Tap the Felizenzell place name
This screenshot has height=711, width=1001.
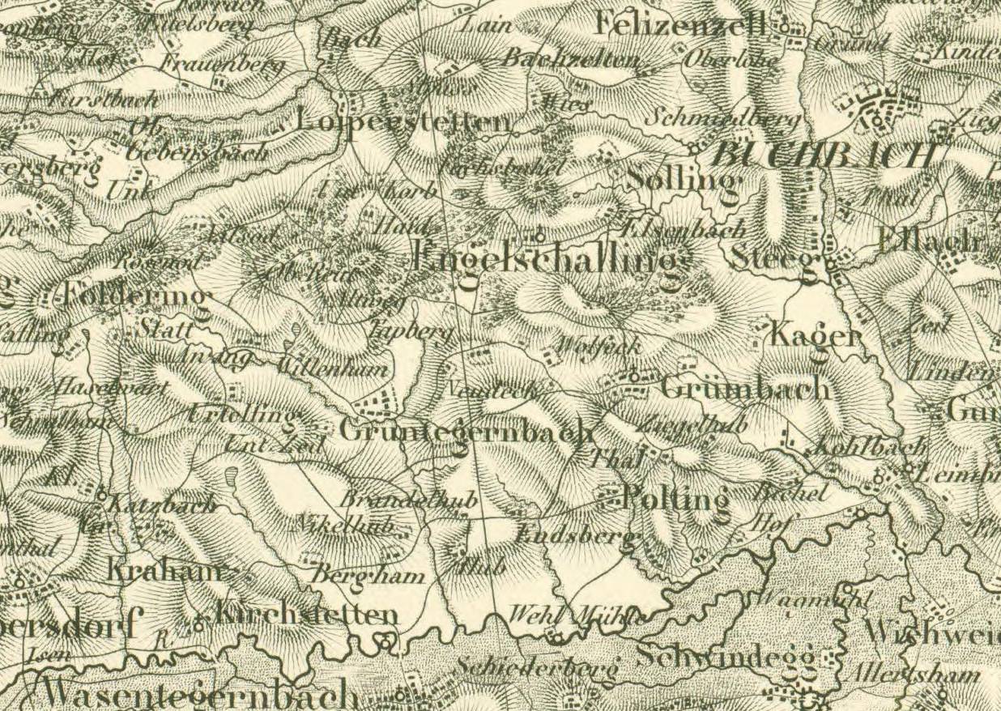[x=680, y=25]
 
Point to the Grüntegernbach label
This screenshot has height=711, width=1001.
[x=466, y=431]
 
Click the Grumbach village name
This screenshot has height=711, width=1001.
[x=746, y=388]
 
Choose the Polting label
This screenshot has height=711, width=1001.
[x=675, y=499]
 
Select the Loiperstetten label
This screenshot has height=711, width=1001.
[x=404, y=122]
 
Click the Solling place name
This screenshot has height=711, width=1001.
[x=684, y=179]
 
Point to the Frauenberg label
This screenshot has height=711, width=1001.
[x=222, y=62]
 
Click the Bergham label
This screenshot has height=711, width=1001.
[x=368, y=576]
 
